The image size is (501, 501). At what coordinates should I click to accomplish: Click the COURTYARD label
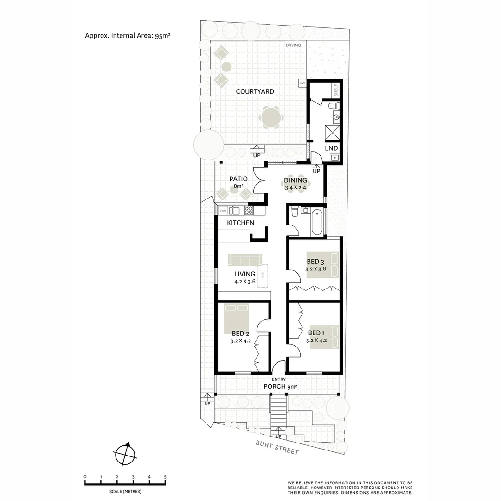(255, 91)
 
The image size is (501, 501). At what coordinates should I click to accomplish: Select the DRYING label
(294, 45)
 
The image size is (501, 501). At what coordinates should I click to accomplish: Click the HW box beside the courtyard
(302, 83)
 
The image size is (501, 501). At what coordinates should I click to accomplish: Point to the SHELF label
(336, 90)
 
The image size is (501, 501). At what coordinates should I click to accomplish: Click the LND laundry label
(331, 148)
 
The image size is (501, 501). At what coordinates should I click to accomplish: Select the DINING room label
(295, 180)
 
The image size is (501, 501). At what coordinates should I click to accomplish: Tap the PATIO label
(238, 179)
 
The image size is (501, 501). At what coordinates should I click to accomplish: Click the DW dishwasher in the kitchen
(223, 211)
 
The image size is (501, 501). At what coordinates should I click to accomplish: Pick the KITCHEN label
(240, 223)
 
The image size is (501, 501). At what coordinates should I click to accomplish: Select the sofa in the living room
(245, 259)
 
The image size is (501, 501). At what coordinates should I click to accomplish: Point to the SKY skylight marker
(263, 275)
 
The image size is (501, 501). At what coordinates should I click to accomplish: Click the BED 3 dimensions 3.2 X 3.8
(316, 269)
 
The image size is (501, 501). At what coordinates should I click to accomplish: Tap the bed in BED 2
(237, 315)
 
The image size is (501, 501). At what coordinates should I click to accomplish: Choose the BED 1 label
(316, 333)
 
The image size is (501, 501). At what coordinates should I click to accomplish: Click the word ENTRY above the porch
(279, 379)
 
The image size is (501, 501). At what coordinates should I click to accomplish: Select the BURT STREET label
(277, 448)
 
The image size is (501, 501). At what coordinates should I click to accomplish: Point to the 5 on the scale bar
(165, 477)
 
